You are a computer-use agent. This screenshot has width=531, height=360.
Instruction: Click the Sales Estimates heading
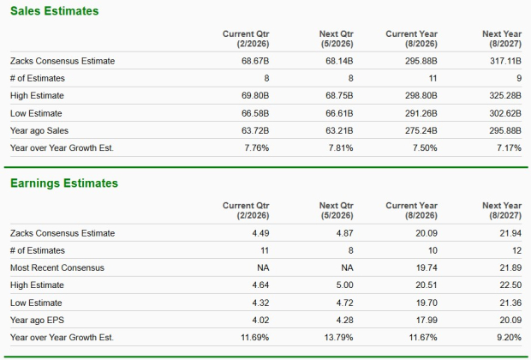54,11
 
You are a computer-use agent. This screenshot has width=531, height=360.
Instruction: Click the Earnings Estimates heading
64,183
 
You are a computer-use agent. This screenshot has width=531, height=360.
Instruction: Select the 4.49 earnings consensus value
248,233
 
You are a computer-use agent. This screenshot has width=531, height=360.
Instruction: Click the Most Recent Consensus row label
57,267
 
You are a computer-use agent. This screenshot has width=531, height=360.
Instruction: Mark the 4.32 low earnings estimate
248,302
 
